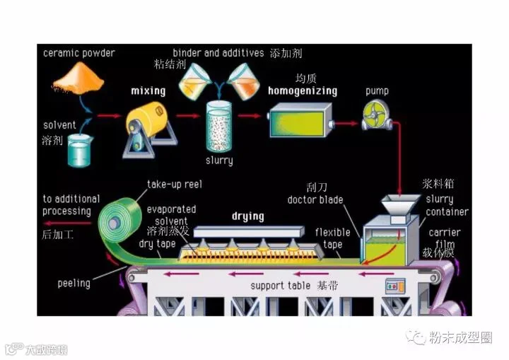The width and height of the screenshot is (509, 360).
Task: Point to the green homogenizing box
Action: (x=296, y=122)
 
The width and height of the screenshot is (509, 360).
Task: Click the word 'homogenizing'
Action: (x=302, y=91)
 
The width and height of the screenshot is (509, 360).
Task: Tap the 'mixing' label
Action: (x=148, y=91)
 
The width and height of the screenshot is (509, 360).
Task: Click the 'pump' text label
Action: (x=377, y=91)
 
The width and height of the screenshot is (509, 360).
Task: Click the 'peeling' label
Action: (x=74, y=284)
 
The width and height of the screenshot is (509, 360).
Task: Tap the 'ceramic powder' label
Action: (x=78, y=52)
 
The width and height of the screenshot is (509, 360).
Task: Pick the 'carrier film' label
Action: (x=445, y=238)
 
